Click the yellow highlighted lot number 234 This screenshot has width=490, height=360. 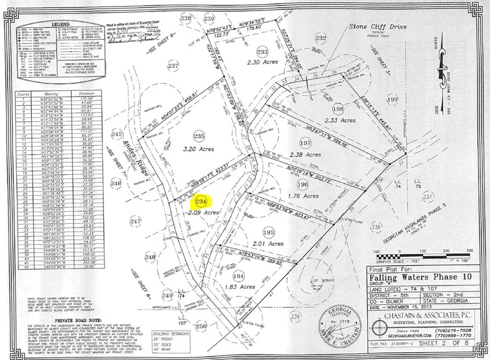(203, 202)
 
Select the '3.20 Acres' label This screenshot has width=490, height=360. (199, 149)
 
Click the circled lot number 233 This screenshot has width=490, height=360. (262, 52)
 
